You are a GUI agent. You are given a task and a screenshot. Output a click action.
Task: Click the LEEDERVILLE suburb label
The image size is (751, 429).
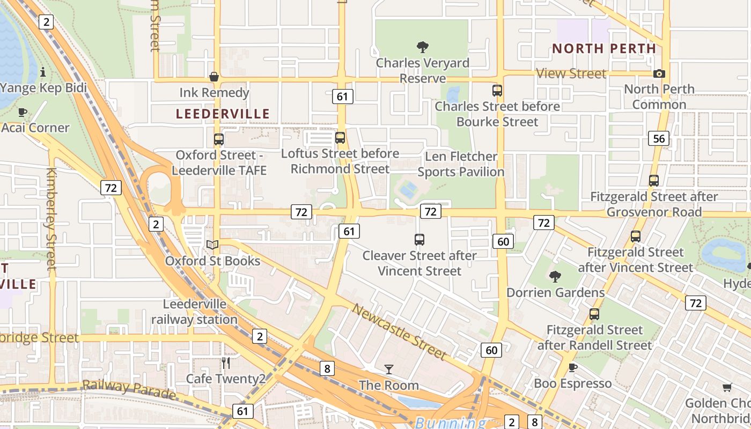tap(223, 114)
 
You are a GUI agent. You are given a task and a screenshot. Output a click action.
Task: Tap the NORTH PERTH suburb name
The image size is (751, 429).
tap(604, 48)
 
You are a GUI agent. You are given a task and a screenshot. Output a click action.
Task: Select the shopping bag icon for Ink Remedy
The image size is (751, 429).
tap(214, 77)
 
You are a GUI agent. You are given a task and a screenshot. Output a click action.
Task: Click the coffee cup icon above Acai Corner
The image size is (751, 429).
tap(23, 112)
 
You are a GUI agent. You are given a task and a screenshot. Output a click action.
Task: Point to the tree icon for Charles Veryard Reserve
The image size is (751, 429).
tap(423, 47)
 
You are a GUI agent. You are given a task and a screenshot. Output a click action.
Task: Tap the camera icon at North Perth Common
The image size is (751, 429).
tap(659, 73)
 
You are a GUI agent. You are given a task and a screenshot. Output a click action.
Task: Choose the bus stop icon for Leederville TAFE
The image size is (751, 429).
tap(219, 139)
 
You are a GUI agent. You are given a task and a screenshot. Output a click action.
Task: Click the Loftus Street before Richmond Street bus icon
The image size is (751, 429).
tap(340, 138)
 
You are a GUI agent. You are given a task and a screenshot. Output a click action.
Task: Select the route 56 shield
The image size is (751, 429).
tap(659, 138)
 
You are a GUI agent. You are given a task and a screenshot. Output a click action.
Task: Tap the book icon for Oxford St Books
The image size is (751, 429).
tap(212, 245)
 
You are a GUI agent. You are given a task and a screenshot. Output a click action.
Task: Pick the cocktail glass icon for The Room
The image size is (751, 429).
tap(389, 369)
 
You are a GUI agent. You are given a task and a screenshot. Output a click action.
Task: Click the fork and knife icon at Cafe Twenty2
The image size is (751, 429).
tap(226, 363)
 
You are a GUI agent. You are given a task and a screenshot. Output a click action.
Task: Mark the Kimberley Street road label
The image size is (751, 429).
tap(51, 219)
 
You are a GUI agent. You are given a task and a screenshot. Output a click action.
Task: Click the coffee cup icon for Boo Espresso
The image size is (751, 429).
tap(573, 367)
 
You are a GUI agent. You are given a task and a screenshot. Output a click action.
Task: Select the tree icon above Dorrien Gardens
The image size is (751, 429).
tap(555, 277)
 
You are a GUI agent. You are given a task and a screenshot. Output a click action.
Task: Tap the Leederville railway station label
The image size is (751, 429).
tap(194, 312)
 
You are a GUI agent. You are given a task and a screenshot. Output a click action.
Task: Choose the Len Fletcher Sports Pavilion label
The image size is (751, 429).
tap(461, 164)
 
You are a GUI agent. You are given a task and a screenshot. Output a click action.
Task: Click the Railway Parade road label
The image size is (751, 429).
tap(129, 389)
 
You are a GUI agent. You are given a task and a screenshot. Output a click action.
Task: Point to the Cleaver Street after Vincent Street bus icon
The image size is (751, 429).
tap(419, 240)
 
